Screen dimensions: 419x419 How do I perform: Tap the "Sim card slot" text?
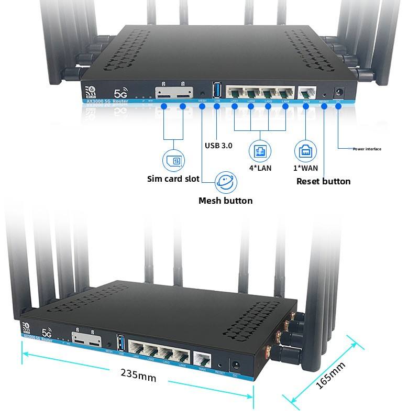(173, 179)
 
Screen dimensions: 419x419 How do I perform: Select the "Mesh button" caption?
(225, 201)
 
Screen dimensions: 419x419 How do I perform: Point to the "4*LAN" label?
(260, 169)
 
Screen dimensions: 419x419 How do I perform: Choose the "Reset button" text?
(323, 181)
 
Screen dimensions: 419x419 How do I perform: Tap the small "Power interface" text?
(367, 149)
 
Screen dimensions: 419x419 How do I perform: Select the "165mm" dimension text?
(331, 376)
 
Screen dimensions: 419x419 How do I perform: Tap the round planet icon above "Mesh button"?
(226, 183)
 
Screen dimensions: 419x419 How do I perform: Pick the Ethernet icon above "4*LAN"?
(260, 151)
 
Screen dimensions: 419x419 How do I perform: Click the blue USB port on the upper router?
(217, 89)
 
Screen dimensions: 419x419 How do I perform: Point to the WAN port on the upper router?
(305, 91)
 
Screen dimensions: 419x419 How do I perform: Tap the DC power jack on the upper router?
(338, 90)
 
